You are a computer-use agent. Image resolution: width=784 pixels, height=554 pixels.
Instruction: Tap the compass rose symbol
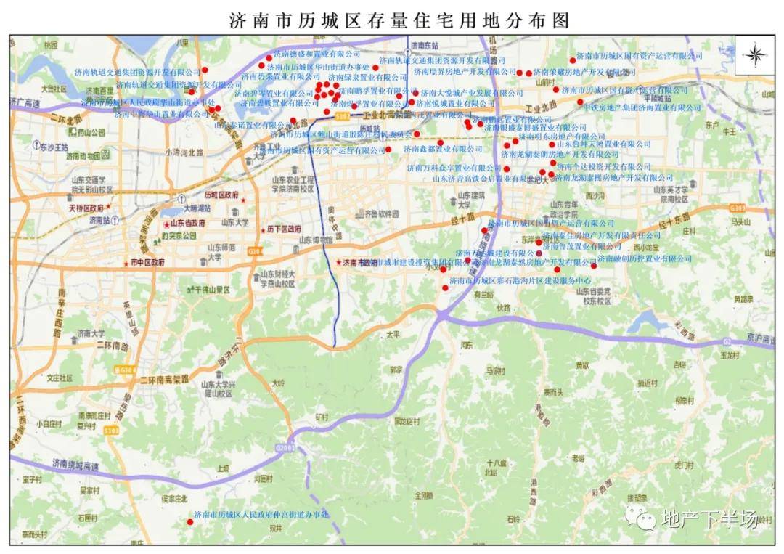pyautogui.click(x=755, y=55)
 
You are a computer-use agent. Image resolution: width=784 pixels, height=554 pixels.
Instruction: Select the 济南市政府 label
pyautogui.click(x=360, y=263)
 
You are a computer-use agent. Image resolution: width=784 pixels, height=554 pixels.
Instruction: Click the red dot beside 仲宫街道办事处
pyautogui.click(x=189, y=521)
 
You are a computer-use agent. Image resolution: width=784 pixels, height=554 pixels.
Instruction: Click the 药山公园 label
pyautogui.click(x=91, y=133)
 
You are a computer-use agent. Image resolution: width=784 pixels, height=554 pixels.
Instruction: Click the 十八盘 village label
pyautogui.click(x=496, y=463)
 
